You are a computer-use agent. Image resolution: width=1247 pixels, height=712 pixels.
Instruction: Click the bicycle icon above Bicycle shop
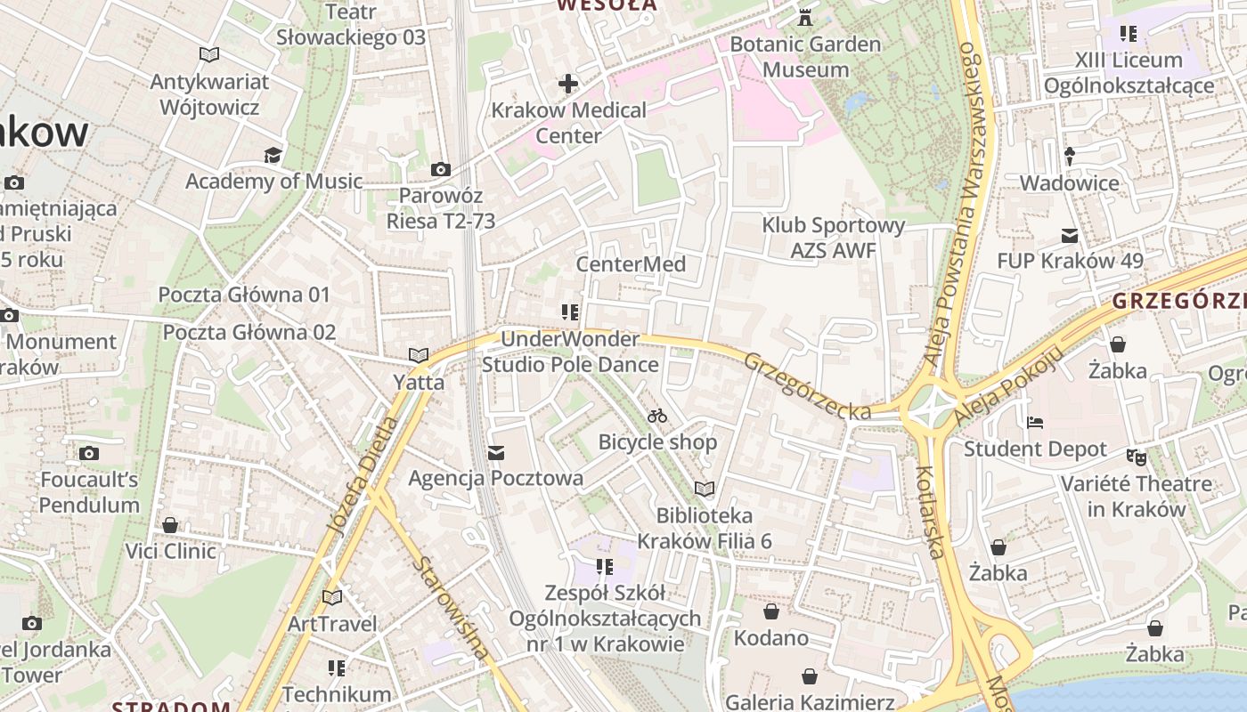click(657, 416)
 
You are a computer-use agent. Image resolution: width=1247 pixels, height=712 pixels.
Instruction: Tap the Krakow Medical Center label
click(569, 123)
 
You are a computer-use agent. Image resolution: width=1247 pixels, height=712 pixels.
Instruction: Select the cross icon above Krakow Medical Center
click(568, 85)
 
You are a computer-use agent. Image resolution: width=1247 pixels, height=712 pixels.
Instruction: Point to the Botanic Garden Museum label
click(806, 57)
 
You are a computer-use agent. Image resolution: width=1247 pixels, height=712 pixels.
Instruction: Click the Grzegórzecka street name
click(807, 386)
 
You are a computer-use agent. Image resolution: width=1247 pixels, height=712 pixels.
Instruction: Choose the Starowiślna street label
click(451, 609)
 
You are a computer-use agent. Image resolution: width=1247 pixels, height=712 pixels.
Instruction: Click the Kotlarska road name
click(929, 512)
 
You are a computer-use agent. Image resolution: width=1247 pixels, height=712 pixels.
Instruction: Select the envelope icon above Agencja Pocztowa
click(496, 453)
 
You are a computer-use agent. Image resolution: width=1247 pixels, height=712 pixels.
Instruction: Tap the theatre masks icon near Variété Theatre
click(1135, 457)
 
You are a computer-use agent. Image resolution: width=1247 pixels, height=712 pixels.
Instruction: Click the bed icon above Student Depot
click(1035, 422)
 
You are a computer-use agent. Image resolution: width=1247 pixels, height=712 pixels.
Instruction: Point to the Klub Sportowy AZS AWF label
click(833, 239)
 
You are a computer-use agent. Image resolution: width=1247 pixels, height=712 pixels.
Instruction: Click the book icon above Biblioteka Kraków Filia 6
click(705, 489)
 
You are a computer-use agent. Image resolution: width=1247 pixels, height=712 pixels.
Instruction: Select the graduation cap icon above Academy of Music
click(273, 156)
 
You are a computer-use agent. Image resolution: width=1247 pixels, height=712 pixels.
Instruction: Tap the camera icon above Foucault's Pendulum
click(88, 454)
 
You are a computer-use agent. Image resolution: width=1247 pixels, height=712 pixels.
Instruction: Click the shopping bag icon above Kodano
click(771, 611)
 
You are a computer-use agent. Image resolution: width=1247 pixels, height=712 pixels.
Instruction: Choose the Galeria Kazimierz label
click(810, 701)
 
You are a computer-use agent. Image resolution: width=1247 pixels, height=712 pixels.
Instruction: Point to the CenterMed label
click(631, 264)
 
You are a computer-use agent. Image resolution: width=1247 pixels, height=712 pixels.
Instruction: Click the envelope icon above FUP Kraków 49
click(1070, 236)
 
